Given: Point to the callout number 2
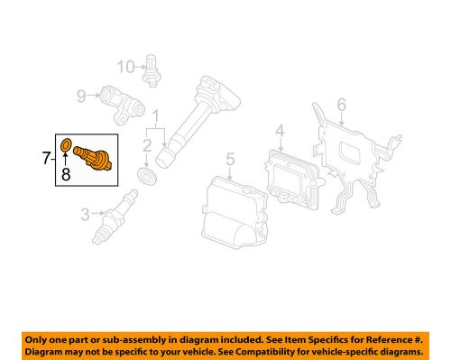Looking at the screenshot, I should pos(146,144).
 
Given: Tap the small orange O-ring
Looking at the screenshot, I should pos(66,143).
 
